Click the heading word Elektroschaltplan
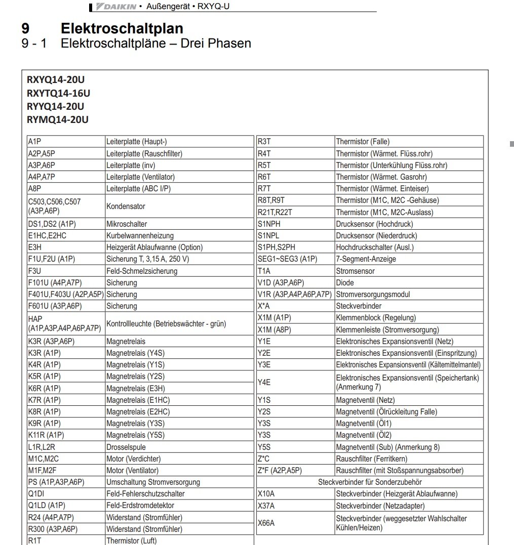(x=122, y=28)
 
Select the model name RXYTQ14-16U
(x=58, y=93)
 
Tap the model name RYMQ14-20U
(x=57, y=119)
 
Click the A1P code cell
(x=65, y=142)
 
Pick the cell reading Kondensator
(x=179, y=206)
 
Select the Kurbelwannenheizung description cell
(x=179, y=236)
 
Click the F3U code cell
(x=65, y=271)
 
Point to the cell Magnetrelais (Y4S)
(x=179, y=353)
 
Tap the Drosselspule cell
(x=179, y=447)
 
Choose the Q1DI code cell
(x=65, y=494)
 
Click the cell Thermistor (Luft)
(x=179, y=540)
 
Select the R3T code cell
(x=295, y=142)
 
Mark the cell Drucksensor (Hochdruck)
(x=409, y=224)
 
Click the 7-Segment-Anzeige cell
(x=409, y=259)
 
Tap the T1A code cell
(x=295, y=271)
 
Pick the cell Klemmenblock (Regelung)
(x=409, y=318)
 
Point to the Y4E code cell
(x=295, y=383)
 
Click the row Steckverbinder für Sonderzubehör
(x=370, y=482)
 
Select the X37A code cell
(x=295, y=506)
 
